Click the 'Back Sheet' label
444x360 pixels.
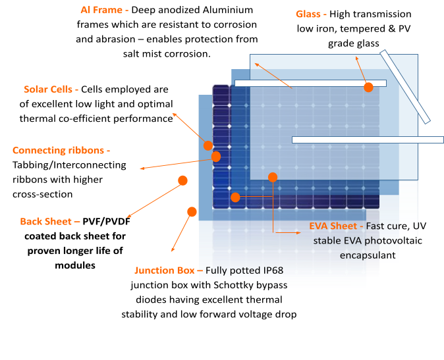pos(49,222)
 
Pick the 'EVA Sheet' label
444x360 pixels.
pos(335,226)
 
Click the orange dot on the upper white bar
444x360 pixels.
pos(368,87)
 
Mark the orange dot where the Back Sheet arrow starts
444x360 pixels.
pos(182,180)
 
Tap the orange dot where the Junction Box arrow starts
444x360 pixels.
pos(192,212)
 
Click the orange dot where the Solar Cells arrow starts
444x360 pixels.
pos(208,145)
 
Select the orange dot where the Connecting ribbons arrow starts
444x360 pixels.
pos(216,157)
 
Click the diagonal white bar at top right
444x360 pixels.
pos(405,87)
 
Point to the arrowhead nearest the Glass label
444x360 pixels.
pos(356,58)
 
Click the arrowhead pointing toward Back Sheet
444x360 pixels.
pos(128,217)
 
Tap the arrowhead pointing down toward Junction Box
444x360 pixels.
pos(172,251)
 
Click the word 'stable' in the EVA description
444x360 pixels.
pos(327,241)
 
